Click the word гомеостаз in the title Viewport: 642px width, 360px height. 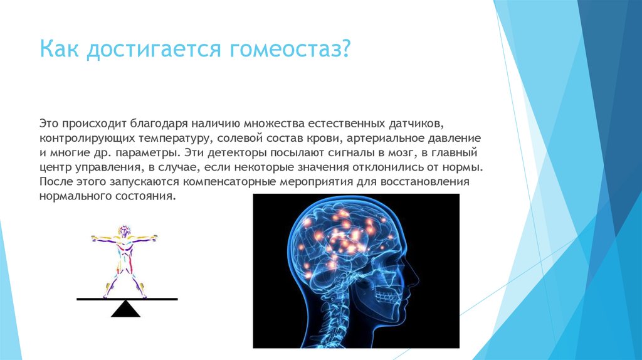(x=284, y=49)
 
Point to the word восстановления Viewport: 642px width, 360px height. (x=424, y=182)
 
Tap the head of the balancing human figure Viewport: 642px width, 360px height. (x=124, y=231)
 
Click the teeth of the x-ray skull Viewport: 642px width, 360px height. (x=384, y=295)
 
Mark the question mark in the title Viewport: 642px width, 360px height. (x=345, y=49)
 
